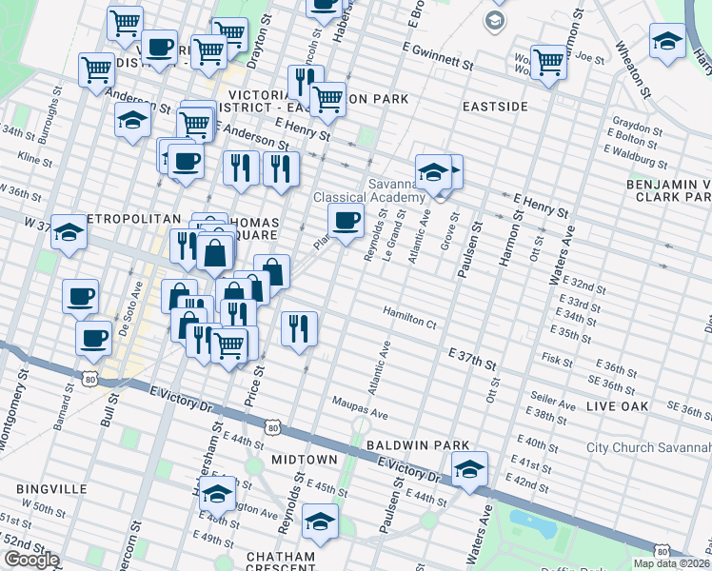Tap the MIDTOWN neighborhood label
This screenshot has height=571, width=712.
pos(305,460)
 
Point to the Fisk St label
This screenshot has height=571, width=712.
pos(555,361)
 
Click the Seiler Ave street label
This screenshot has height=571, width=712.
pos(554,404)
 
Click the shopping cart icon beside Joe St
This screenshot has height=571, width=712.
pos(548,62)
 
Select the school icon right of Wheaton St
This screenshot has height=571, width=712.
pos(667,40)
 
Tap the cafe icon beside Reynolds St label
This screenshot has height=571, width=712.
pos(346,221)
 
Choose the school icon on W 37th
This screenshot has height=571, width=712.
pos(69,232)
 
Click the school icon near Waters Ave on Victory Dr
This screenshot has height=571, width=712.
pos(469,470)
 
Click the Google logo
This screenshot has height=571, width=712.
pos(31,560)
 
